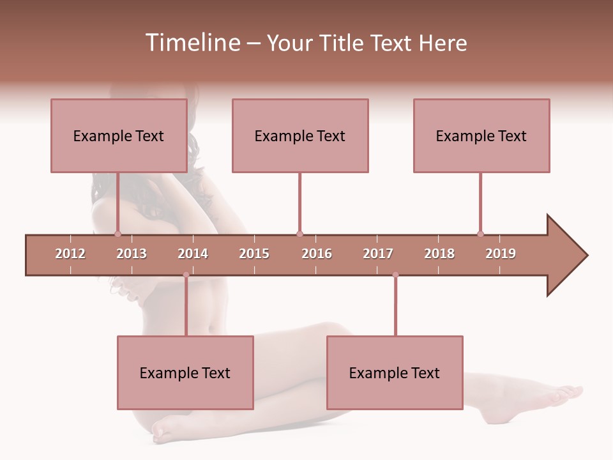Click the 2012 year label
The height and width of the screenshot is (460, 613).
(70, 254)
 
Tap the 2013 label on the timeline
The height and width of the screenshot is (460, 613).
(132, 254)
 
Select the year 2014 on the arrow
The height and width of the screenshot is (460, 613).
(193, 254)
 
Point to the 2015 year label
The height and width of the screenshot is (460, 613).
(254, 254)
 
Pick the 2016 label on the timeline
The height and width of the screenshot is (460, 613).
(317, 254)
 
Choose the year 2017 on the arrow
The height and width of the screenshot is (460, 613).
(378, 254)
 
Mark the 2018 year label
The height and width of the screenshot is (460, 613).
(439, 254)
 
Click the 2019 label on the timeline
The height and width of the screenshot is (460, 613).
(501, 254)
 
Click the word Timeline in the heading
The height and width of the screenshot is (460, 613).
(192, 43)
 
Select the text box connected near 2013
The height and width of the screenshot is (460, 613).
(119, 135)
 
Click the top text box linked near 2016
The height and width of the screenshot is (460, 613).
(300, 135)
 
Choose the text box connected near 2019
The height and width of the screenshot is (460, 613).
(481, 135)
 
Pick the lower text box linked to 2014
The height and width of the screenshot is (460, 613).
(185, 372)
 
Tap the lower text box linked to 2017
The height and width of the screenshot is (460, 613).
(395, 372)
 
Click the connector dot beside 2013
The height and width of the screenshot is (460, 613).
(117, 234)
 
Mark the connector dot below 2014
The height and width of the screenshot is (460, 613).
(186, 275)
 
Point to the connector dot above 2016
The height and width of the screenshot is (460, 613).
(299, 234)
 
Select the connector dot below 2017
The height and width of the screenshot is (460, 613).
(395, 275)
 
